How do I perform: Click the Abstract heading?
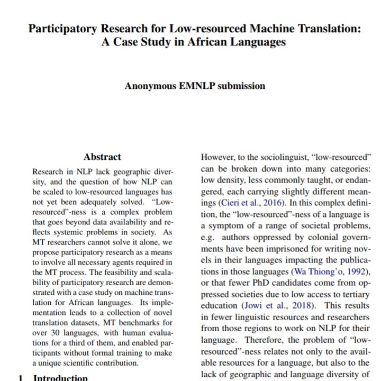coord(102,157)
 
